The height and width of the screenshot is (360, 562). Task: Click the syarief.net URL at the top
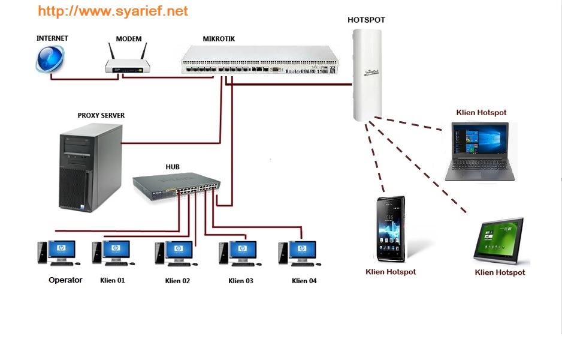[x=113, y=11]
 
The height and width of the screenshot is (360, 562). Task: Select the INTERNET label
[x=52, y=38]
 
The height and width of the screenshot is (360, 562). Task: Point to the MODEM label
[x=129, y=39]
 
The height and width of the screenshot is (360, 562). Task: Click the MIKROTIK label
[x=219, y=38]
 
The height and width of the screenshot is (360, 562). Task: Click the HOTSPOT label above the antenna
[x=366, y=20]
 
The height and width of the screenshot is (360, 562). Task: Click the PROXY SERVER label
[x=101, y=115]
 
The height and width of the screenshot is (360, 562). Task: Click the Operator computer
[x=58, y=253]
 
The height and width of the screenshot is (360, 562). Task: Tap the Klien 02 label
[x=177, y=281]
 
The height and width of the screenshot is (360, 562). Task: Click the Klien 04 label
[x=304, y=281]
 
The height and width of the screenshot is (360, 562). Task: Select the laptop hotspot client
[x=479, y=151]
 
